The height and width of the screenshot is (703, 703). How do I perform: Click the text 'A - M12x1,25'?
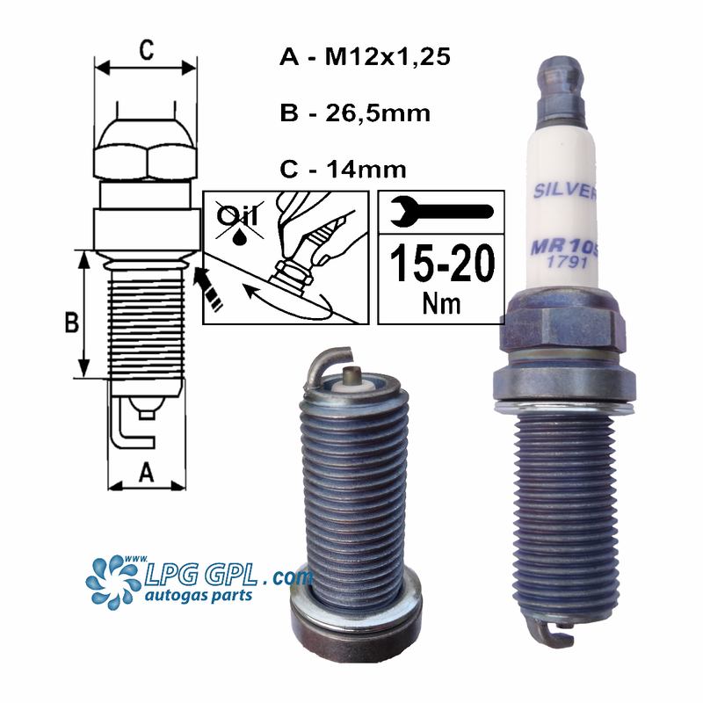coord(364,59)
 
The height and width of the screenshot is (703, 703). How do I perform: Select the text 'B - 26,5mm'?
coord(354,112)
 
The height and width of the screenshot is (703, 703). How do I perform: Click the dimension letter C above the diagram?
coord(146,51)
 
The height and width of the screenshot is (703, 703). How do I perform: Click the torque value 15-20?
coord(441,264)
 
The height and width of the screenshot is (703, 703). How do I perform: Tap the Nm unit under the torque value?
coord(441,304)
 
